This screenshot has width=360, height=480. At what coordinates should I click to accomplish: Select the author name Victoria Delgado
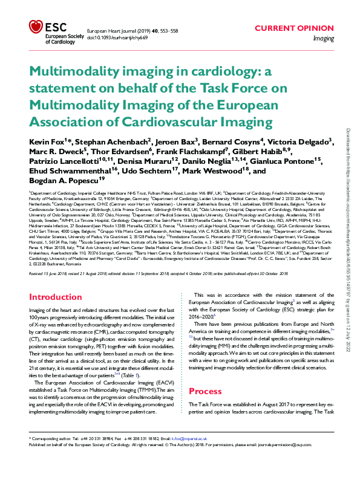coord(303,141)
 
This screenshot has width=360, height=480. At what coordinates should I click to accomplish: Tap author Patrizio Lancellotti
coord(67,161)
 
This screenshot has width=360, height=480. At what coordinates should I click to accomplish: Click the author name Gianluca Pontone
coord(292,161)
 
